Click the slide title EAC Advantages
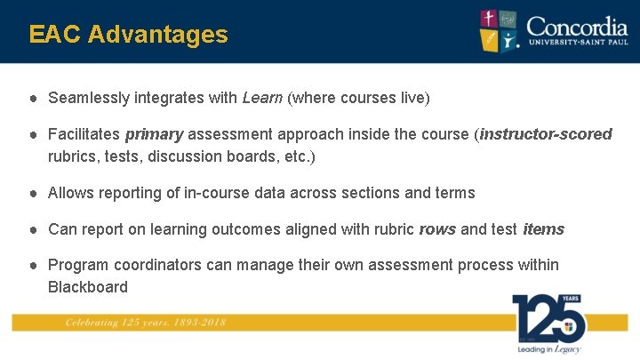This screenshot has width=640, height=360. (128, 35)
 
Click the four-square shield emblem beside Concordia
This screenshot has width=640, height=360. (500, 30)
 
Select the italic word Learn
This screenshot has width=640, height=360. (262, 98)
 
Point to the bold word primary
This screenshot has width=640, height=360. (154, 134)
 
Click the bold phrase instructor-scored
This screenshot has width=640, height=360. (546, 134)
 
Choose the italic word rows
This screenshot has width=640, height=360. (437, 229)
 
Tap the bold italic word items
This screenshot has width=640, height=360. (543, 229)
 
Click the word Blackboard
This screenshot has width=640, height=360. (88, 287)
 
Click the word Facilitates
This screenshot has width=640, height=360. (84, 134)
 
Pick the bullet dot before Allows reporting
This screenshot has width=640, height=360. (32, 193)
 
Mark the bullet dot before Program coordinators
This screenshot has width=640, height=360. (32, 265)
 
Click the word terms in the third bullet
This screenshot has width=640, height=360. (455, 193)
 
